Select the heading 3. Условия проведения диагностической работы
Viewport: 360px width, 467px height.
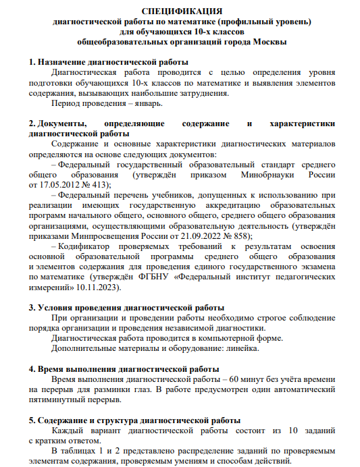click(x=127, y=308)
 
